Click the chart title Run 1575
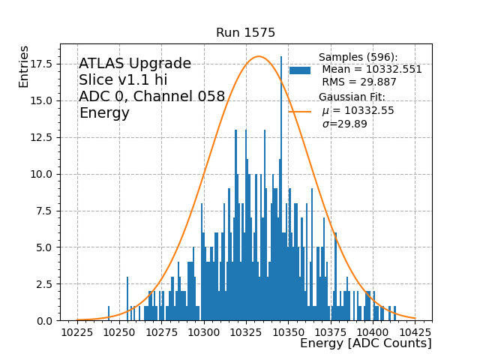(245, 33)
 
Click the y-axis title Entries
(24, 66)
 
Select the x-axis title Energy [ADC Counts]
(365, 343)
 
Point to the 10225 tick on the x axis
(77, 331)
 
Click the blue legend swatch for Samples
(300, 70)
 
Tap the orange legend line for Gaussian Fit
(300, 111)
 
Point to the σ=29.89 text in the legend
(344, 124)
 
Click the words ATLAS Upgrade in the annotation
(135, 64)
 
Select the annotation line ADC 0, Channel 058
(151, 97)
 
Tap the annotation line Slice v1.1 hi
(123, 80)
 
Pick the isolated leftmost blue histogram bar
(109, 312)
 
